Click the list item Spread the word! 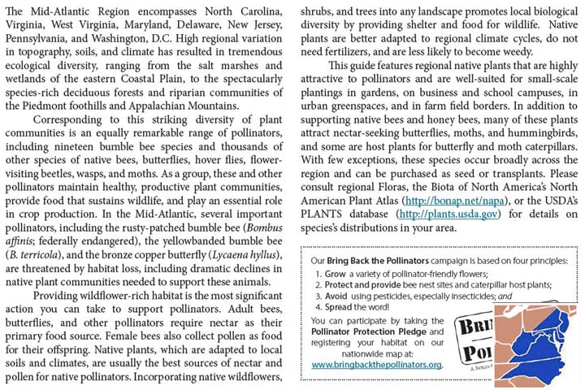[x=354, y=308]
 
